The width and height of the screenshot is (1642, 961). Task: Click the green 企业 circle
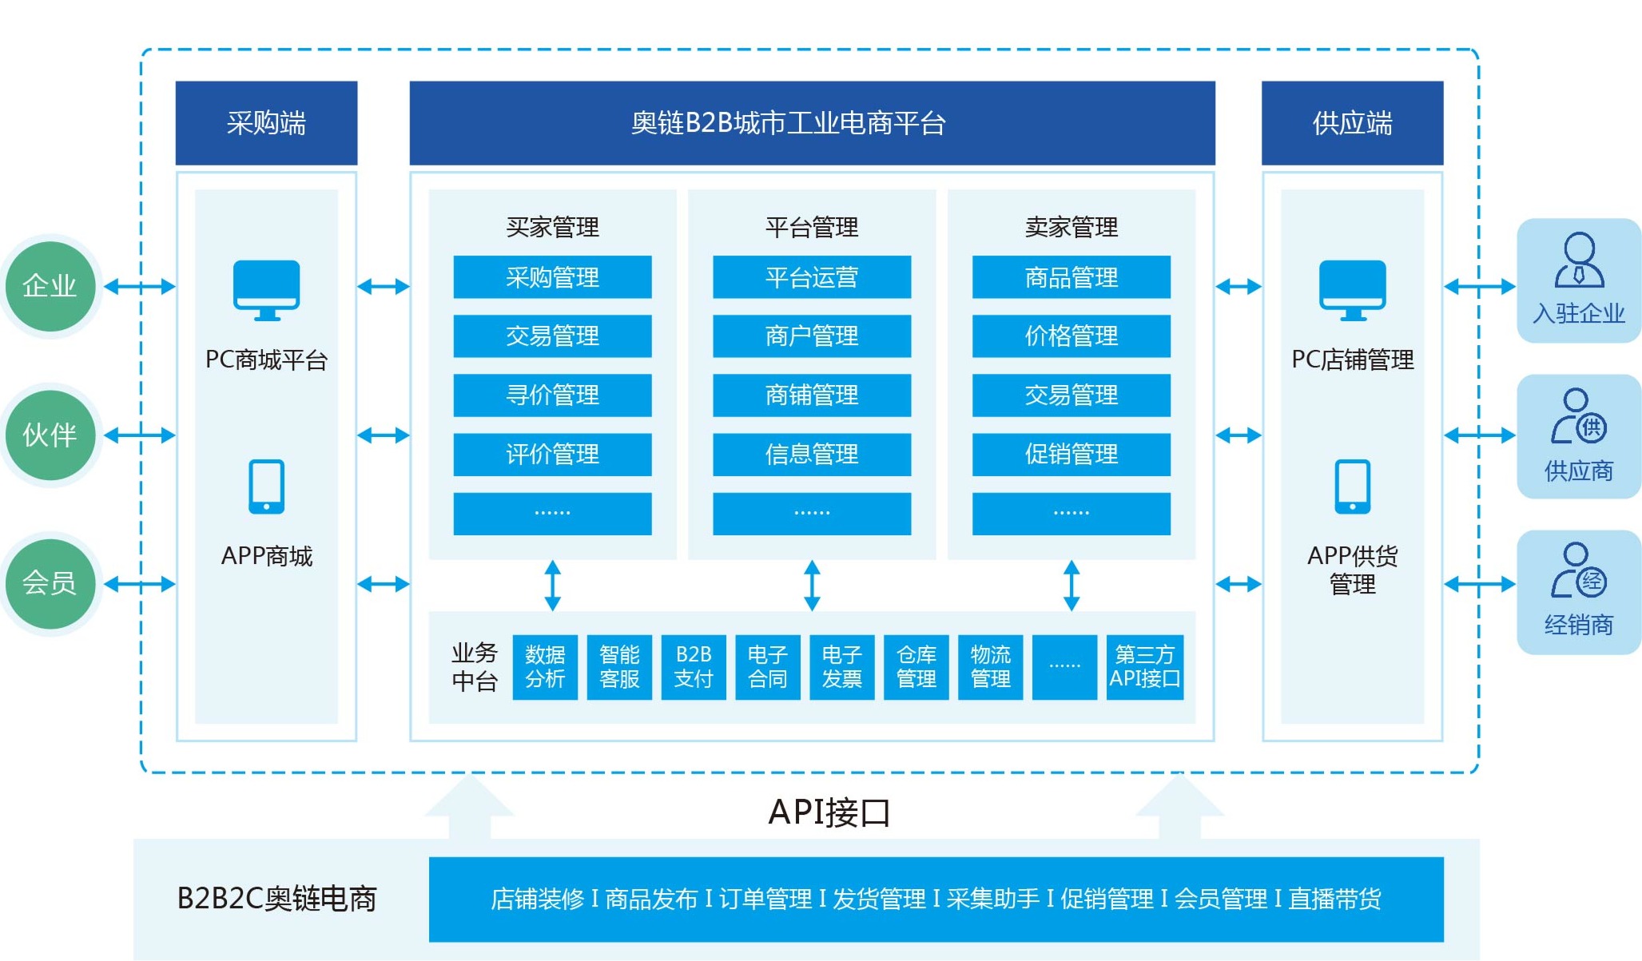coord(50,286)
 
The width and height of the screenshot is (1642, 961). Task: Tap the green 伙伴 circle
coord(50,435)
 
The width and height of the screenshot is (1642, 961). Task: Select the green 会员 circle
coord(50,583)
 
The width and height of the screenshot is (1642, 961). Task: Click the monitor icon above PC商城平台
coord(266,290)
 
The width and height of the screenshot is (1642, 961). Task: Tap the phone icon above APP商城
coord(266,486)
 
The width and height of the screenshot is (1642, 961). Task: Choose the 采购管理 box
coord(552,277)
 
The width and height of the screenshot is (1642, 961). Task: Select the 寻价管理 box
coord(552,395)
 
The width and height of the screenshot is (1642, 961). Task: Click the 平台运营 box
coord(812,277)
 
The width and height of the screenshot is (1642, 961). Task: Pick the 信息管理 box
coord(812,455)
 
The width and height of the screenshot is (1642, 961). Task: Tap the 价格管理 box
coord(1071,336)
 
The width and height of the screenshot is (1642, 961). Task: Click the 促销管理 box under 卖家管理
coord(1071,455)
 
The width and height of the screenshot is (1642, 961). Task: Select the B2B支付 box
coord(694,667)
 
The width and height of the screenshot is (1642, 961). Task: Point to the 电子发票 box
coord(842,667)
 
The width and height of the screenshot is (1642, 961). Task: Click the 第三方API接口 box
coord(1144,667)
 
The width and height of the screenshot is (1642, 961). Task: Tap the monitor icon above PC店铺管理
coord(1352,290)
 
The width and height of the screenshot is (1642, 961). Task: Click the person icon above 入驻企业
coord(1579,260)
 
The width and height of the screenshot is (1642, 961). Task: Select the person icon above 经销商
coord(1579,570)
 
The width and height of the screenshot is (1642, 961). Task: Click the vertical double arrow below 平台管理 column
coord(812,586)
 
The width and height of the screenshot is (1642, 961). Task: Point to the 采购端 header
coord(266,123)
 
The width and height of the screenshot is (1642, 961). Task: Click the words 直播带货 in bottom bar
coord(1334,899)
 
